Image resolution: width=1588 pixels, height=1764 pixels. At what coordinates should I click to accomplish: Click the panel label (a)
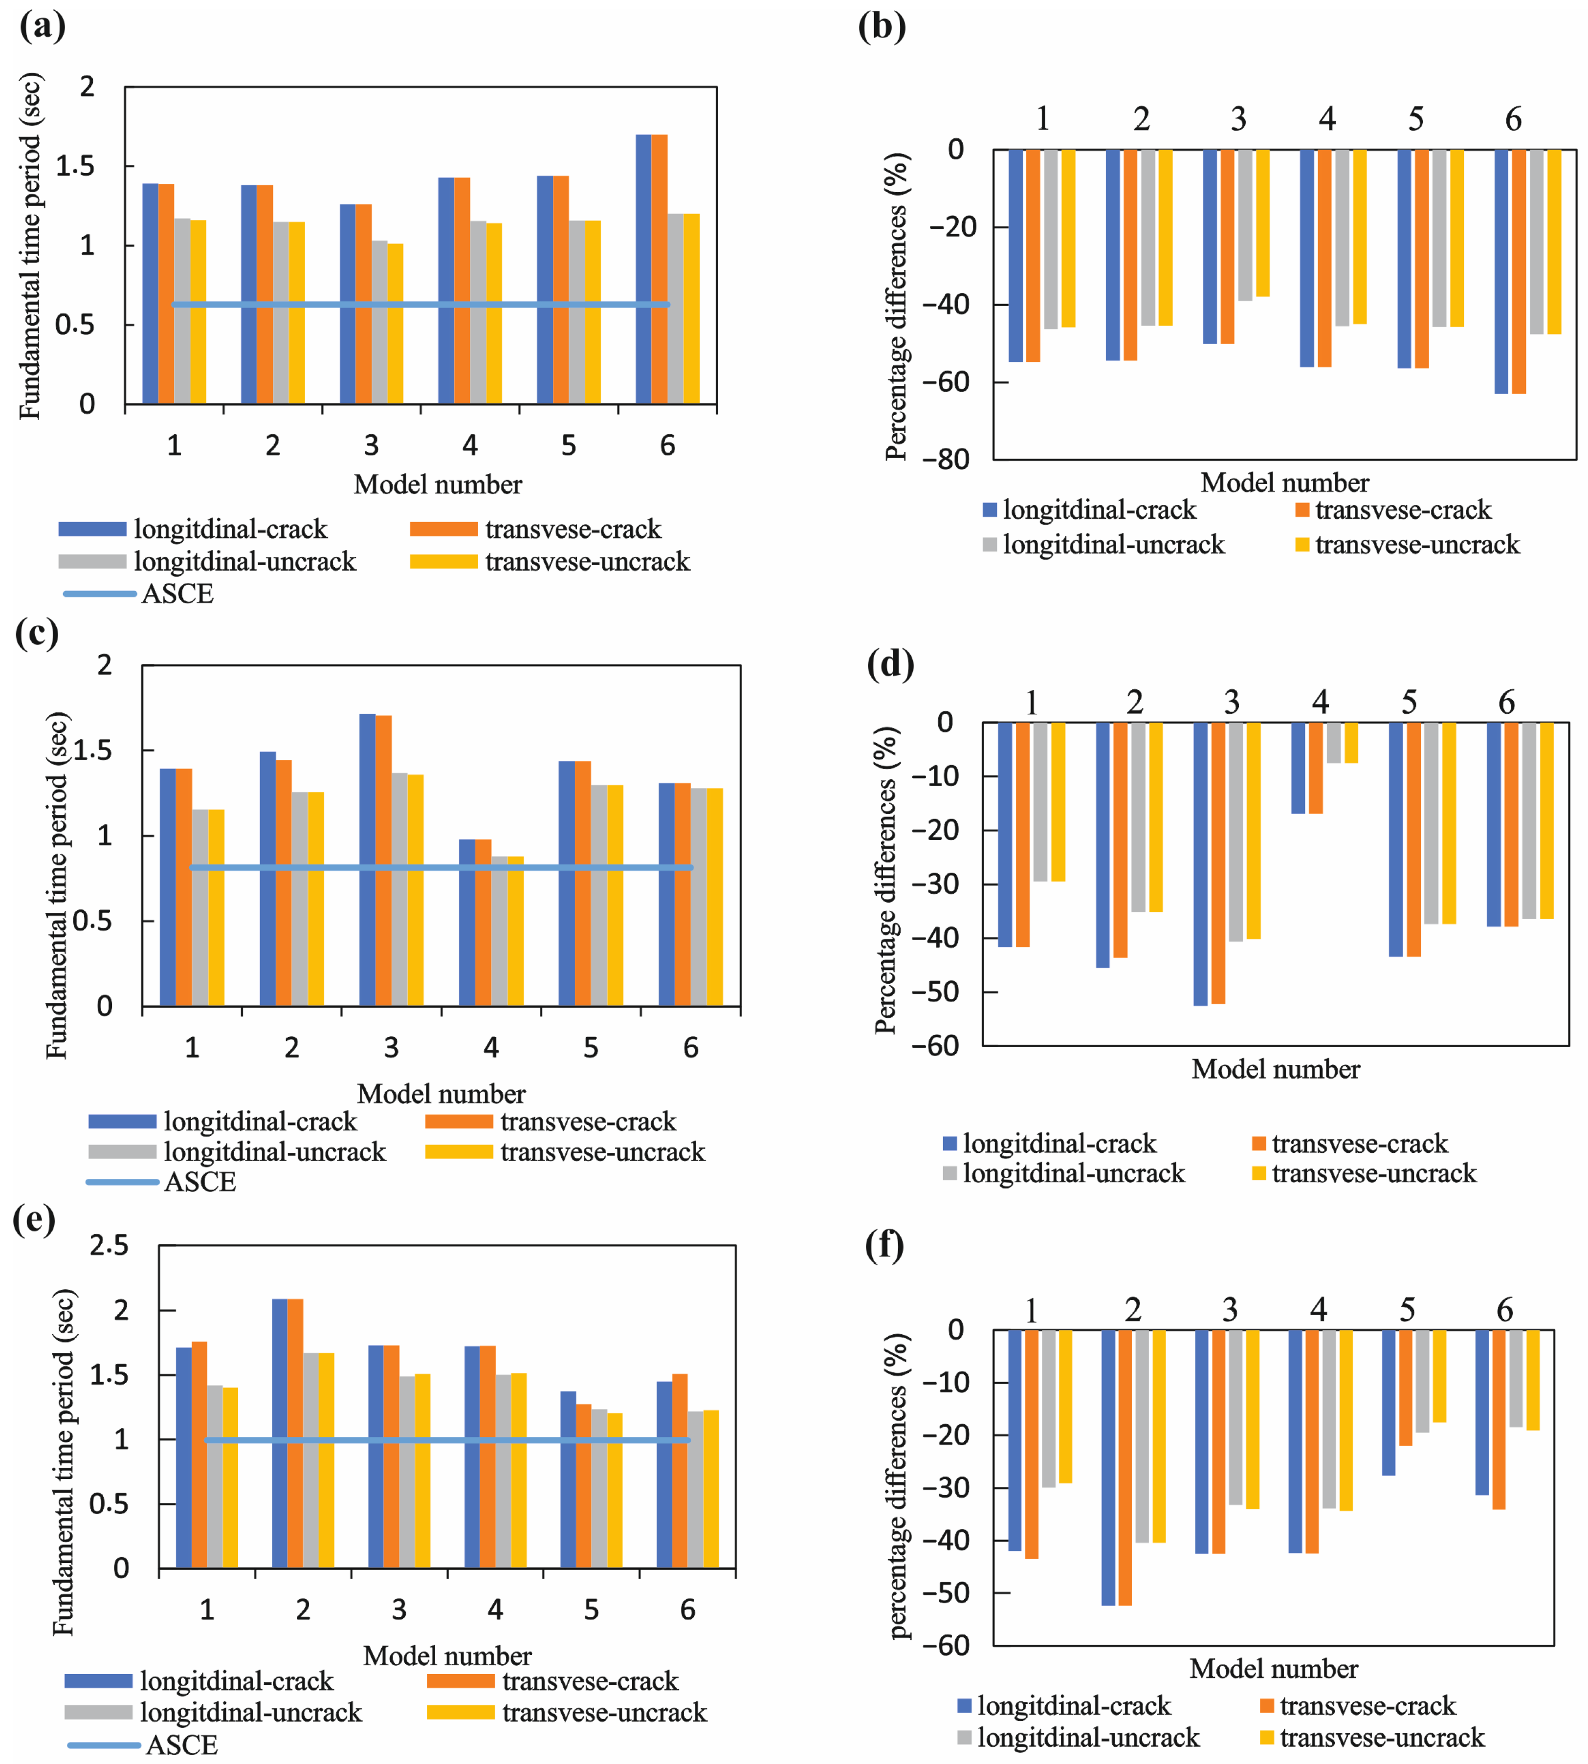click(42, 26)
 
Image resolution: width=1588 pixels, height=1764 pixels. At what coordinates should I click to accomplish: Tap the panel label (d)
click(890, 665)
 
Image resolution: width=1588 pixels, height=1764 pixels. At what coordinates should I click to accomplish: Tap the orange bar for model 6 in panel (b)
click(1519, 271)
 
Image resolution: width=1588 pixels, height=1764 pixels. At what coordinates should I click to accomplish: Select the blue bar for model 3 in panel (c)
click(367, 860)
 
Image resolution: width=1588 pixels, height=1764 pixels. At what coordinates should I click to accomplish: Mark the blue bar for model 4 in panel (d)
click(1299, 768)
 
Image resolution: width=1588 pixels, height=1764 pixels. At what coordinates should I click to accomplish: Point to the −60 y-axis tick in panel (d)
click(935, 1045)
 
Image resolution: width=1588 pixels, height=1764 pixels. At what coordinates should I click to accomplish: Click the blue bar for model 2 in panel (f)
click(1108, 1467)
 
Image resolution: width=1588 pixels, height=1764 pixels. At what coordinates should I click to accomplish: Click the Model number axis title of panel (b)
click(1284, 483)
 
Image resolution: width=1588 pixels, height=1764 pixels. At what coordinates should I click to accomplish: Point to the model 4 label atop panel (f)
click(1319, 1310)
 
